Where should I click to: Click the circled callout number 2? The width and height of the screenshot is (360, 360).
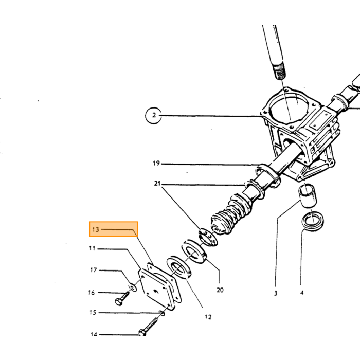(x=154, y=115)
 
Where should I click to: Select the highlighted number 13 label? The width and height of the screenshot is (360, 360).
(x=96, y=229)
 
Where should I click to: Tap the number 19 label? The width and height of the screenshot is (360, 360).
(x=156, y=163)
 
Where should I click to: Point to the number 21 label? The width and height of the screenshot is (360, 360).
(x=157, y=184)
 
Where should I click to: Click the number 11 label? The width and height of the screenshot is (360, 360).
(x=92, y=248)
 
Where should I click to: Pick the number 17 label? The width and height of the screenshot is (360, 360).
(x=94, y=270)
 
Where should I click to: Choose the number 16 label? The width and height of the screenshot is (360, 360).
(x=92, y=293)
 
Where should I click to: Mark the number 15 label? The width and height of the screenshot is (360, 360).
(x=93, y=313)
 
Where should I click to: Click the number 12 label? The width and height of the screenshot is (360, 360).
(x=208, y=317)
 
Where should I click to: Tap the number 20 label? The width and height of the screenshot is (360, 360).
(x=220, y=290)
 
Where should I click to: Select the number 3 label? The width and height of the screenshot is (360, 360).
(x=276, y=293)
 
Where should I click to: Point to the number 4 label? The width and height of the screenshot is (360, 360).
(x=302, y=293)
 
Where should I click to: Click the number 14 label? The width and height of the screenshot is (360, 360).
(x=94, y=334)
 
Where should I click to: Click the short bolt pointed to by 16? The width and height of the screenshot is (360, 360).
(x=122, y=298)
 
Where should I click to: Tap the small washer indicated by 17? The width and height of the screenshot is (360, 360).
(x=133, y=287)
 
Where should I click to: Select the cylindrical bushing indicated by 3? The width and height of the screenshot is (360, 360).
(x=307, y=196)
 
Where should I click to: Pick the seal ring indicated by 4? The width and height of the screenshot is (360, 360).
(x=313, y=221)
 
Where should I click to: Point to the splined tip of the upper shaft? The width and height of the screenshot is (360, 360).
(x=279, y=71)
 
